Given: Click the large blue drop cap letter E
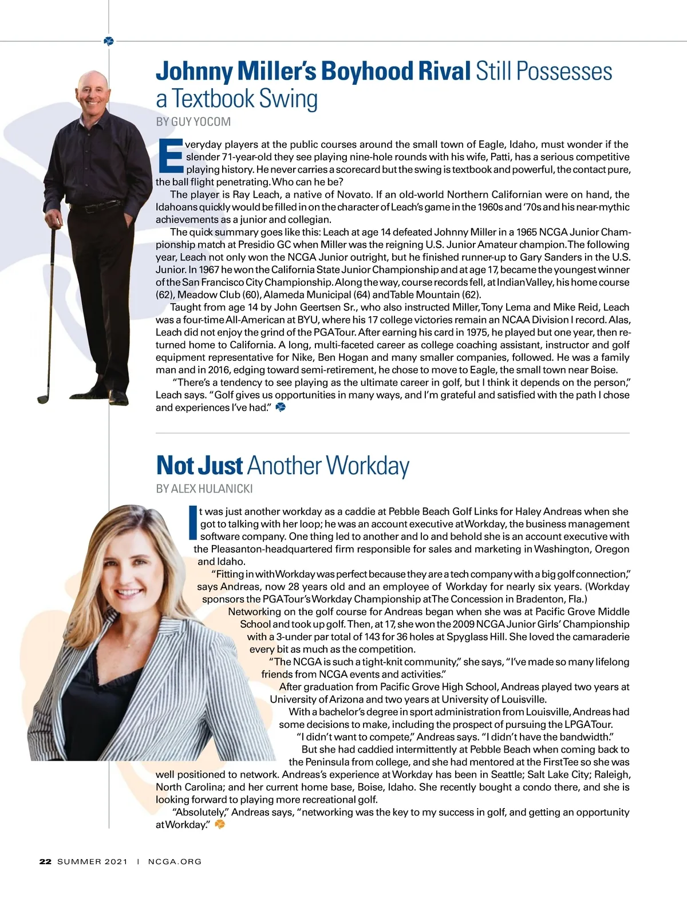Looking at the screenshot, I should click(169, 155).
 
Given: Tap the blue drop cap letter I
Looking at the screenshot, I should click(193, 522).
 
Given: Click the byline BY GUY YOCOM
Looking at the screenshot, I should click(193, 121).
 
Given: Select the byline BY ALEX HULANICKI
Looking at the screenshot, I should click(204, 489).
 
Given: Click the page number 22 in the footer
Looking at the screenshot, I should click(45, 861).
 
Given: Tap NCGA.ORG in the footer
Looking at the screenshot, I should click(175, 861).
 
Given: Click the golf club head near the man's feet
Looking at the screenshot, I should click(44, 399).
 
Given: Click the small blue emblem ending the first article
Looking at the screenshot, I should click(281, 407).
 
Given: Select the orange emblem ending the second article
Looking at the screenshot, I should click(219, 825).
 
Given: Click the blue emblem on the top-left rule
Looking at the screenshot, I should click(109, 41).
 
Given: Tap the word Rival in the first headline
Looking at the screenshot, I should click(444, 72).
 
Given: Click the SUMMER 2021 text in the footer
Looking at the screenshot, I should click(92, 861).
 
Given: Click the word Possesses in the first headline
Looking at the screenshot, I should click(544, 72).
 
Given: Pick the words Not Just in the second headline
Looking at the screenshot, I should click(199, 466).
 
